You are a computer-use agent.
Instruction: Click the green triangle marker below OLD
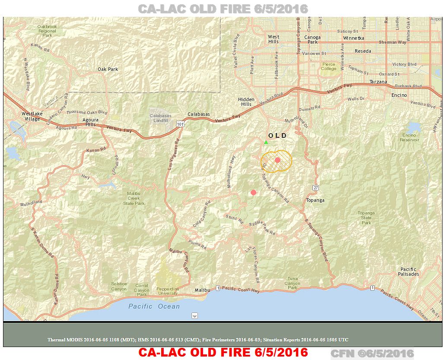(266, 142)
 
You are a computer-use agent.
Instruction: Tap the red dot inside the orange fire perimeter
(277, 160)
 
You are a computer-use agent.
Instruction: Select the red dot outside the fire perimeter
(253, 192)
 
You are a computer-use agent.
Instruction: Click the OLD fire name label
(277, 136)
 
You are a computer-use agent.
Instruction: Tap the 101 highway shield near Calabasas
(179, 124)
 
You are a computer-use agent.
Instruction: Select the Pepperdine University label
(168, 290)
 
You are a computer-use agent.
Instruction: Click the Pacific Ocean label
(154, 306)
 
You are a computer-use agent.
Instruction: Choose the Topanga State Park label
(366, 217)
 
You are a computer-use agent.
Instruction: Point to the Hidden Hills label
(246, 102)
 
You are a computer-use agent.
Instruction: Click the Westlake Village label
(31, 116)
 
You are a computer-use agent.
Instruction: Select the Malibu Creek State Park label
(134, 198)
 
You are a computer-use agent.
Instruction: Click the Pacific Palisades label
(408, 272)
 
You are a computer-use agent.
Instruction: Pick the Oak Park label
(108, 69)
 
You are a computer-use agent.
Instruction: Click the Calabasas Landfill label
(161, 118)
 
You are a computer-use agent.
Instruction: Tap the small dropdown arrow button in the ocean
(194, 316)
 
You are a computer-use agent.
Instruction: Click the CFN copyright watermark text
(372, 353)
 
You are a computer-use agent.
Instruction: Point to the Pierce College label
(328, 66)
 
